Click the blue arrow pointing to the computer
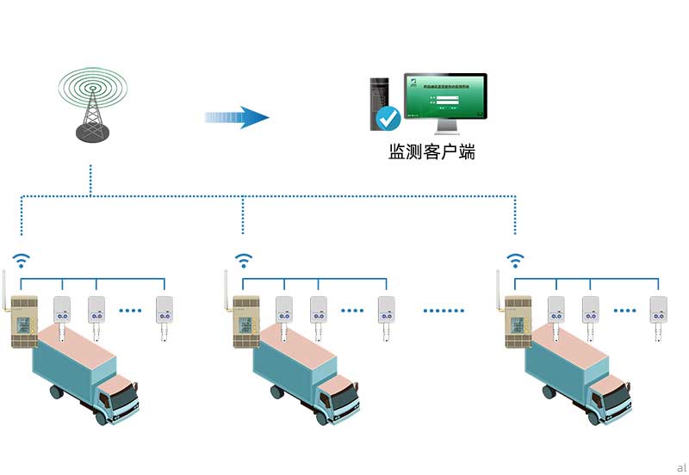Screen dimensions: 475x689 point(237,117)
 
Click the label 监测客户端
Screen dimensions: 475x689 point(431,152)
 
